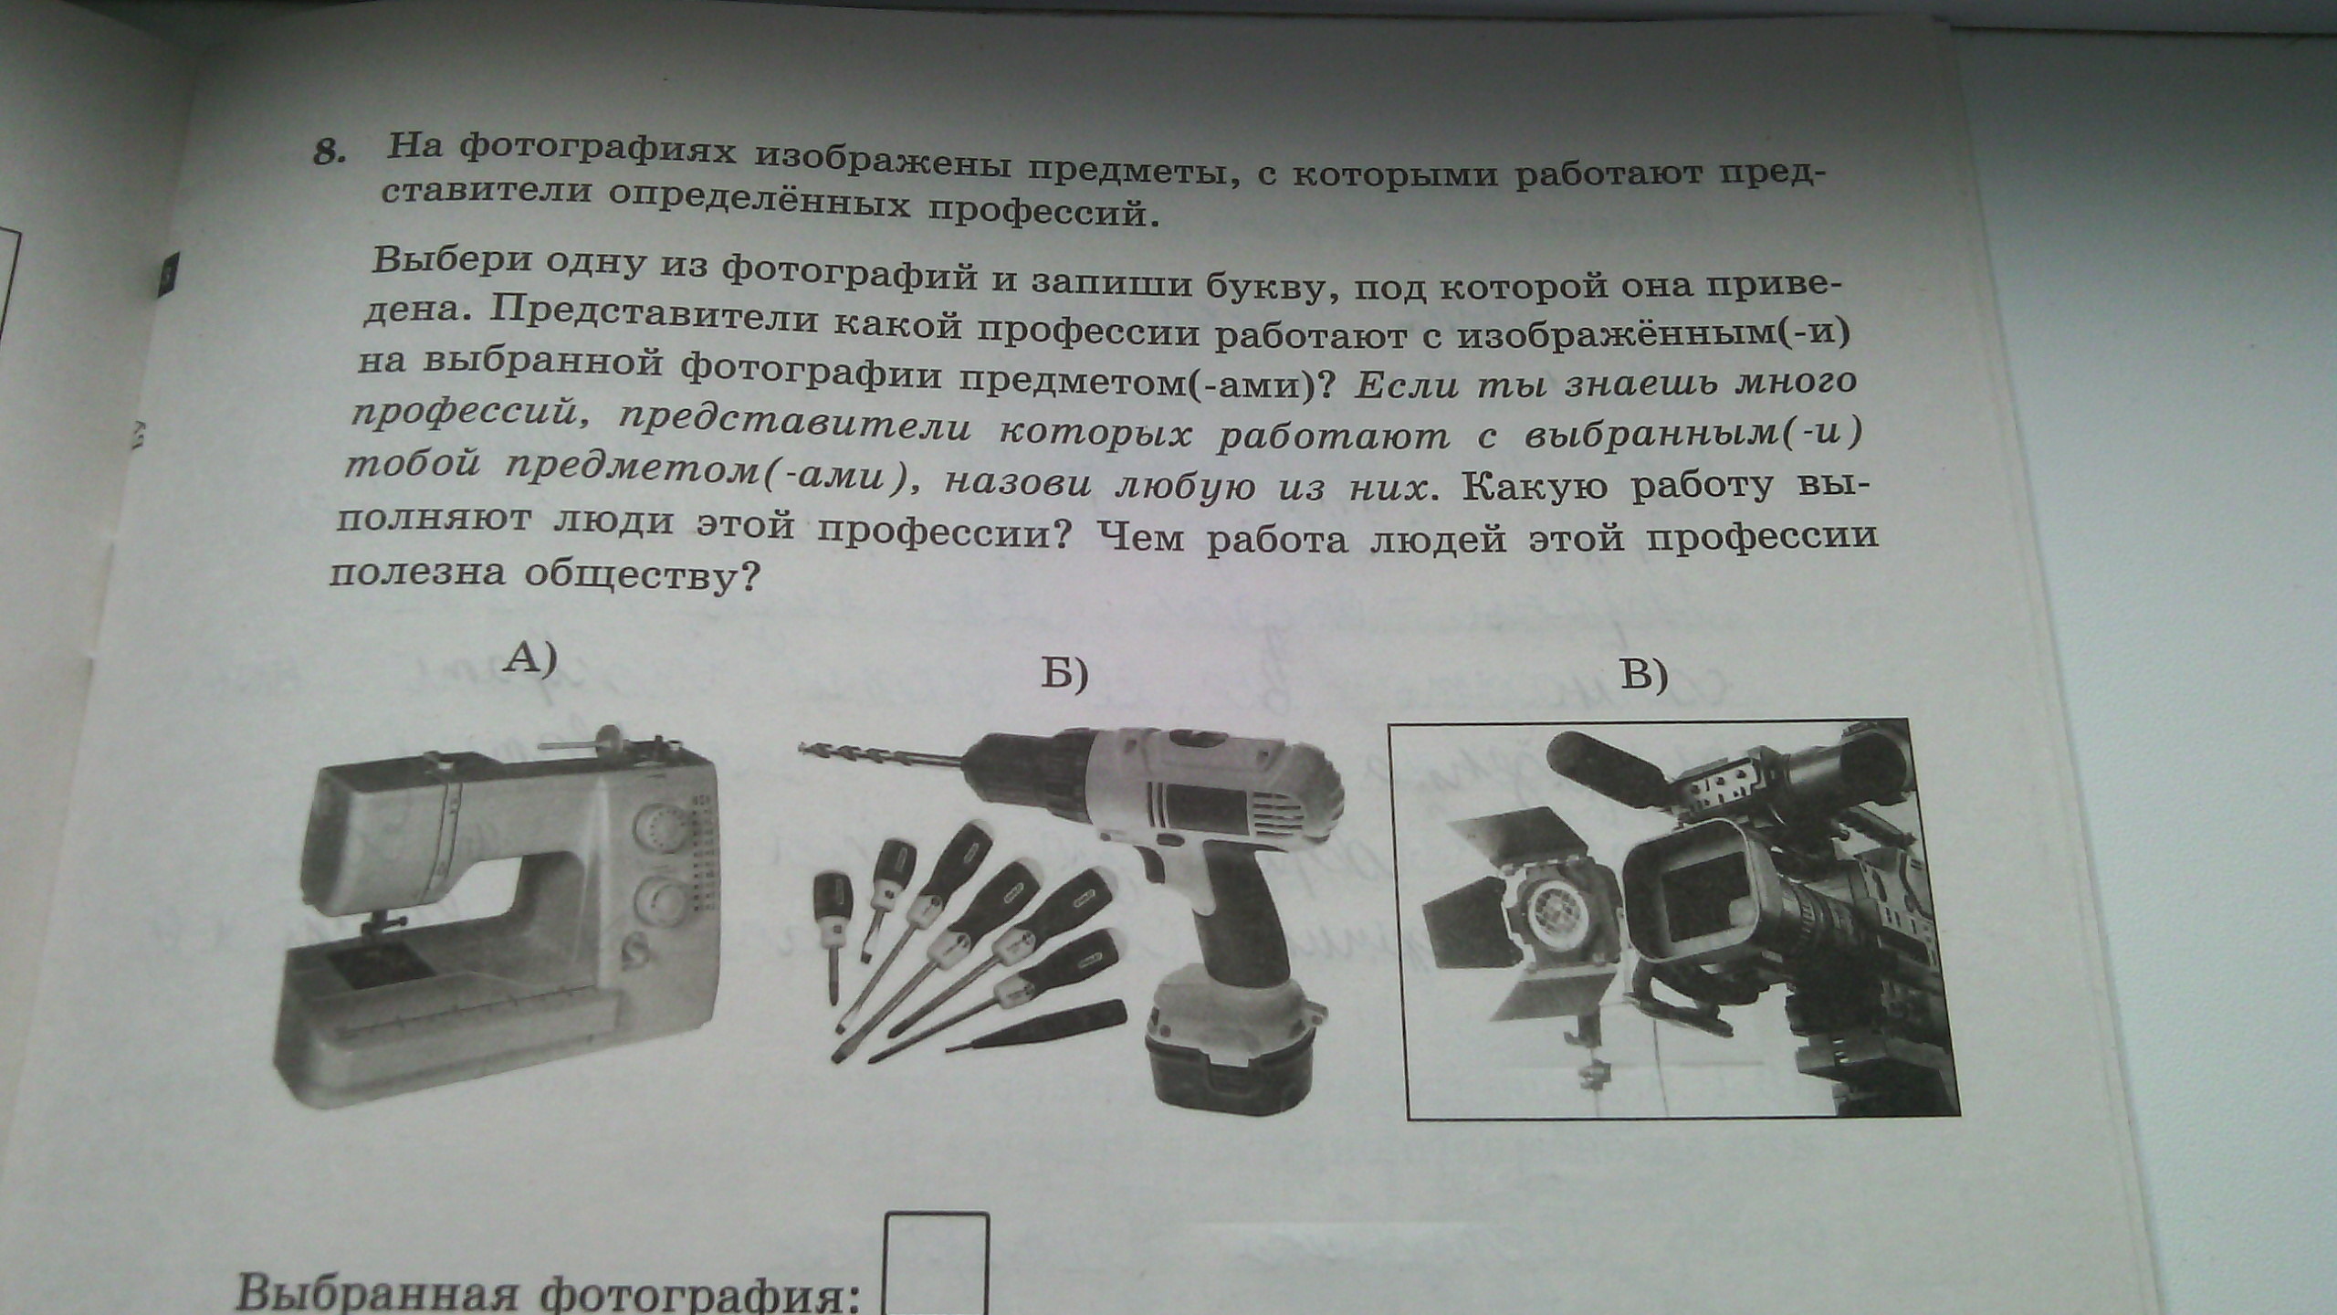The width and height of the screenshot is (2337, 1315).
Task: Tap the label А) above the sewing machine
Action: (x=529, y=658)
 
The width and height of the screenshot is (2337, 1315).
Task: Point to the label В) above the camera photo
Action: (x=1643, y=677)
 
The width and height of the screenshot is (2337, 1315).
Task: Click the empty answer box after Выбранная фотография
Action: (x=937, y=1265)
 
